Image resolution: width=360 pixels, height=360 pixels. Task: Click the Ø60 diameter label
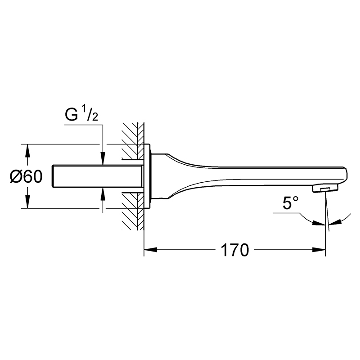pyautogui.click(x=26, y=177)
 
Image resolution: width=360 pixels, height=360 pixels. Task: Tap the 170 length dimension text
pyautogui.click(x=234, y=250)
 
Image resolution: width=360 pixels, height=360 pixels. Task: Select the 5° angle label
pyautogui.click(x=290, y=203)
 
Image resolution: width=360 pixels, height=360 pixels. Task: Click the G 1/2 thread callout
pyautogui.click(x=81, y=115)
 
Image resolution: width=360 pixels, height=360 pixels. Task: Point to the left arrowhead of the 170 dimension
pyautogui.click(x=150, y=250)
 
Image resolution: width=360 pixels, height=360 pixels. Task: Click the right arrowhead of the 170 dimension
pyautogui.click(x=319, y=250)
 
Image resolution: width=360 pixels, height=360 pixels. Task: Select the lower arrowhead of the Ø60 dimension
pyautogui.click(x=27, y=202)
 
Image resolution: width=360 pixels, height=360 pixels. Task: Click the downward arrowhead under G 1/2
pyautogui.click(x=103, y=158)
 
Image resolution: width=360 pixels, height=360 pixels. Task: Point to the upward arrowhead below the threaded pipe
pyautogui.click(x=103, y=194)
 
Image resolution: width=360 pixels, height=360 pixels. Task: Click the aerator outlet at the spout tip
pyautogui.click(x=325, y=189)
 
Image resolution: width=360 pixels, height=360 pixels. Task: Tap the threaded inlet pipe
pyautogui.click(x=97, y=176)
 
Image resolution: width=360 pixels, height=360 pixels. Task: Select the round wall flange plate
pyautogui.click(x=147, y=176)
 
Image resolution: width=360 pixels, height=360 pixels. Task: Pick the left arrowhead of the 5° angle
pyautogui.click(x=319, y=223)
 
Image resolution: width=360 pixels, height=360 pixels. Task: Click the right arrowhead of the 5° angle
pyautogui.click(x=335, y=222)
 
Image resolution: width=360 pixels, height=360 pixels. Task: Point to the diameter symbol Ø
pyautogui.click(x=15, y=177)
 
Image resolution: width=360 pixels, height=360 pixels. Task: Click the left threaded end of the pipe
pyautogui.click(x=53, y=176)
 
